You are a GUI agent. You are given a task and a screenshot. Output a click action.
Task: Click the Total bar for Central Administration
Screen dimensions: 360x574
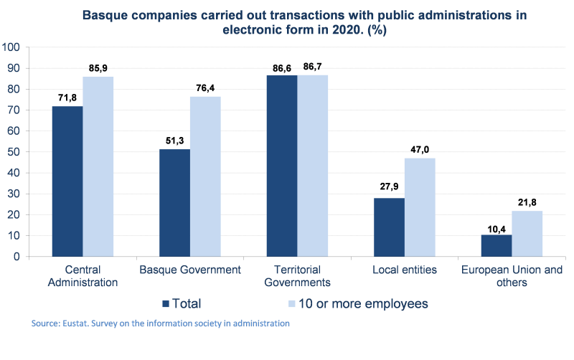pos(67,181)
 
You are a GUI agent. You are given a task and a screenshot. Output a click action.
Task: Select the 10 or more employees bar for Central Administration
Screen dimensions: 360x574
pos(98,166)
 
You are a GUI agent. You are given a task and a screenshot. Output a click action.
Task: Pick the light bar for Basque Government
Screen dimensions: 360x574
pos(205,176)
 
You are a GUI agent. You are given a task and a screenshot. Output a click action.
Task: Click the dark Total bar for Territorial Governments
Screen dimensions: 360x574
pos(281,165)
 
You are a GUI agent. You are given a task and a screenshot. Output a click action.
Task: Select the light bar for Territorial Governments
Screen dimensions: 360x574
pos(313,165)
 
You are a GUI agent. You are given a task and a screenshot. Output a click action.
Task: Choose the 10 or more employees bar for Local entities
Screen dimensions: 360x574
pos(420,207)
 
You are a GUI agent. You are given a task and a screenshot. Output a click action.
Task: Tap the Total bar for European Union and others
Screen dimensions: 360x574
pos(496,245)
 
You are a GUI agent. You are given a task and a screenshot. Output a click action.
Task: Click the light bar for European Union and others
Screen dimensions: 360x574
pos(527,233)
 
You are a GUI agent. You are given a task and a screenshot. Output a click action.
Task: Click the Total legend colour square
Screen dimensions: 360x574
pos(166,303)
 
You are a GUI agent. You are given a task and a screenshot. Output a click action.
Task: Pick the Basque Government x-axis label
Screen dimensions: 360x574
pos(189,270)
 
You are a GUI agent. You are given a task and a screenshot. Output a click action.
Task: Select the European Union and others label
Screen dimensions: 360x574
pos(512,276)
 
